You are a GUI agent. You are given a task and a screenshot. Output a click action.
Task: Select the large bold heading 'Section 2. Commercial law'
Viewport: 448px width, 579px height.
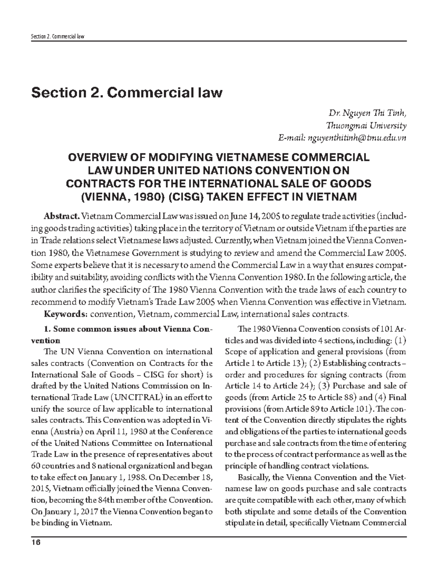pos(127,92)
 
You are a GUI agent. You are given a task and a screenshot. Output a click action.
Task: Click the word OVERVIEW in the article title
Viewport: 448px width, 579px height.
pos(98,157)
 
